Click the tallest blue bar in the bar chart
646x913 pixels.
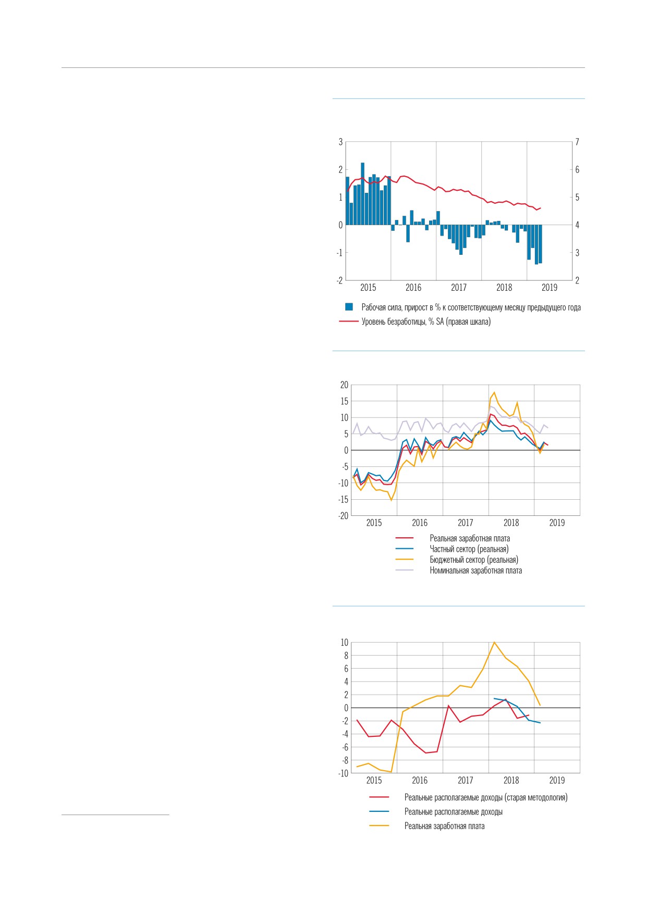(362, 194)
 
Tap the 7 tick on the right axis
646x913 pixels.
(577, 142)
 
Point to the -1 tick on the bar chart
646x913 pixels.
(340, 253)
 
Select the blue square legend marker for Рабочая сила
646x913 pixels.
(349, 307)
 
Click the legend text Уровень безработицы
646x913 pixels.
(394, 322)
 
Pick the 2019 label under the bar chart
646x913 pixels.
(550, 288)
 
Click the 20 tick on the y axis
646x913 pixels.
(344, 385)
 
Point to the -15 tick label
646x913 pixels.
(343, 499)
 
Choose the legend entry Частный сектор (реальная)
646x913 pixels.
(469, 549)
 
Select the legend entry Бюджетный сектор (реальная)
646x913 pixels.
(474, 560)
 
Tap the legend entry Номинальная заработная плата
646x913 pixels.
(476, 571)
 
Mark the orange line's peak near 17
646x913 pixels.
(494, 392)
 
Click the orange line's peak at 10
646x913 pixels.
(494, 642)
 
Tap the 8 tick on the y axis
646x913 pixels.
(346, 656)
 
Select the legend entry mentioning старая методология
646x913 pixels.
(486, 797)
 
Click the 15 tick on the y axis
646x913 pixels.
(344, 401)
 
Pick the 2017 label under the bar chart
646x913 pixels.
(459, 288)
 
